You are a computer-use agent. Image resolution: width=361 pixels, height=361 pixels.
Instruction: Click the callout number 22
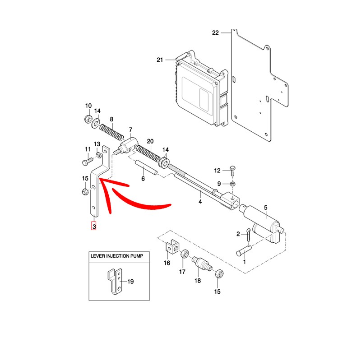point(215,33)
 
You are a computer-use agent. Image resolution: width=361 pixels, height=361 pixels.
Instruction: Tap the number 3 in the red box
point(94,227)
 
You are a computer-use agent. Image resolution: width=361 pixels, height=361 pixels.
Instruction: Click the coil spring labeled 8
point(111,131)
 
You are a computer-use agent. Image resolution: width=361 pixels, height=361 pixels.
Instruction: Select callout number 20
point(150,141)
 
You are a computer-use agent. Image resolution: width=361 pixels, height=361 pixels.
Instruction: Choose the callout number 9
point(219,184)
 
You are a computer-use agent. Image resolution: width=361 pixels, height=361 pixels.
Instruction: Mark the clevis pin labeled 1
point(244,250)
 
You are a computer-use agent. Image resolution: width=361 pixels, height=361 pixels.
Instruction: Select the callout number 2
point(238,234)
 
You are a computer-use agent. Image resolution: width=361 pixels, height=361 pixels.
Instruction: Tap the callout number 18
point(197,281)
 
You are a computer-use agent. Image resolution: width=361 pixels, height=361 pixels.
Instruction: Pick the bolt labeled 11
point(87,161)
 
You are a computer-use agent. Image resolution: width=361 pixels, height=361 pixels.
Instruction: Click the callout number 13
point(97,144)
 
